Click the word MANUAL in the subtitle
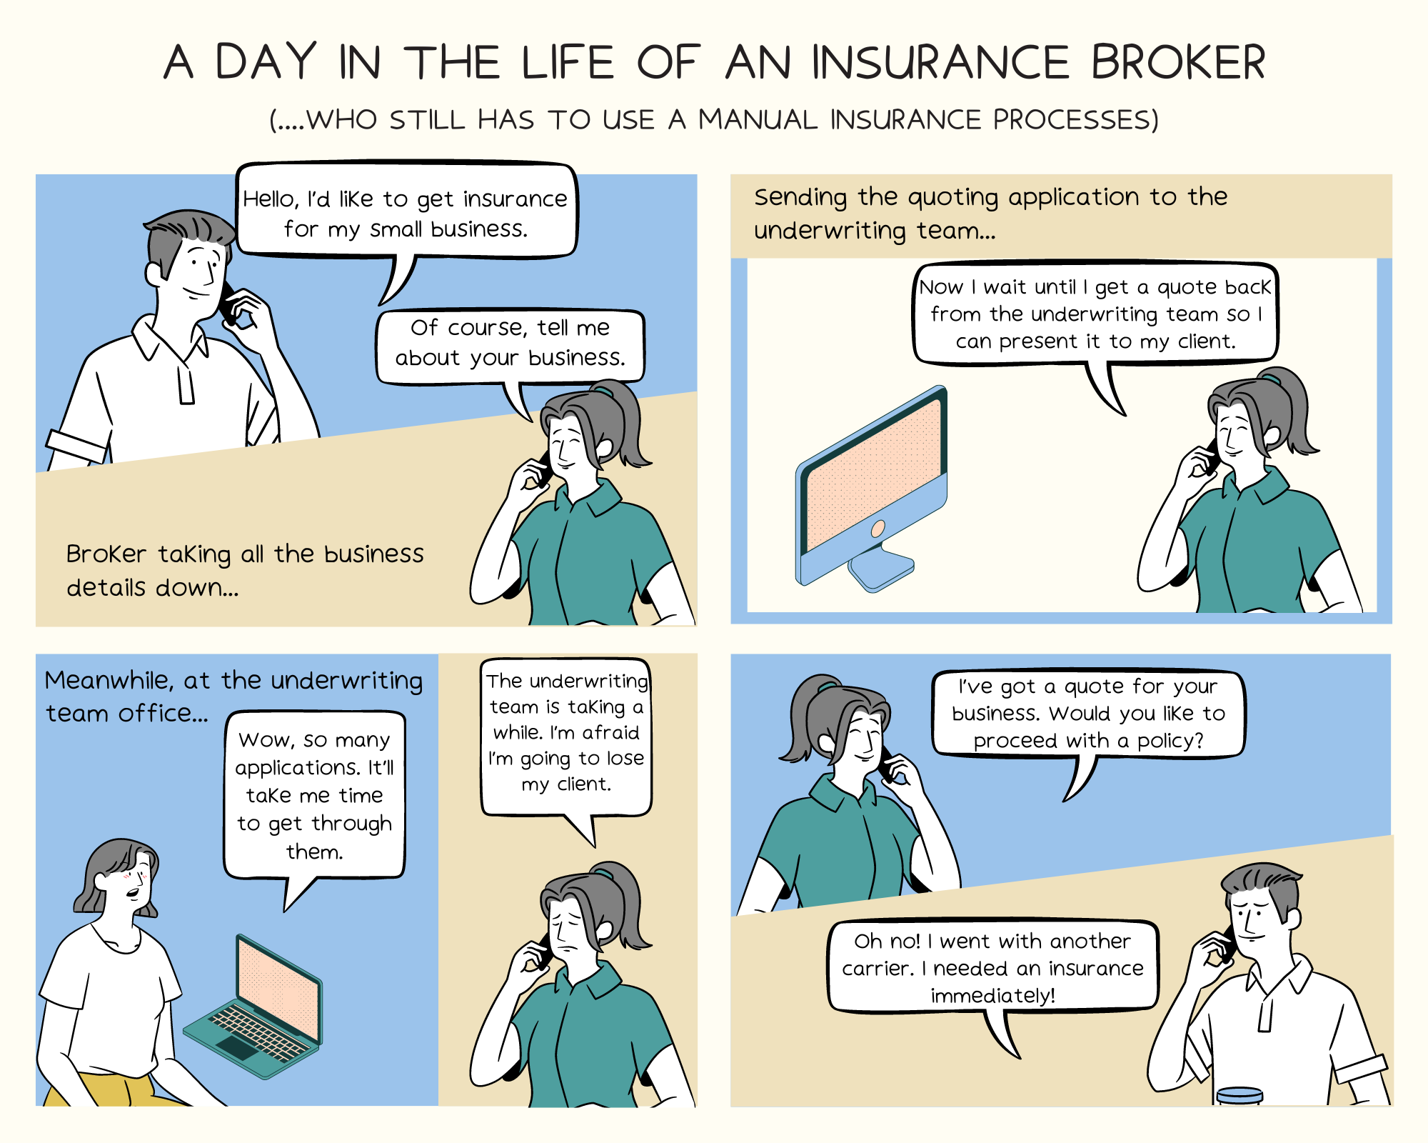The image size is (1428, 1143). point(757,119)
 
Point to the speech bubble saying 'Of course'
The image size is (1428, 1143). point(510,344)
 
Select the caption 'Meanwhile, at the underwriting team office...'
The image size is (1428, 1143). point(233,696)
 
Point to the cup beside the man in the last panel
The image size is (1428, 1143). point(1240,1096)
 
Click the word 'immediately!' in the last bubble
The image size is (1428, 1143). point(992,995)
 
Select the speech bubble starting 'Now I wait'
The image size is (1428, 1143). point(1095,314)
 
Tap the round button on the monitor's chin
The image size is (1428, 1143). point(878,529)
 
